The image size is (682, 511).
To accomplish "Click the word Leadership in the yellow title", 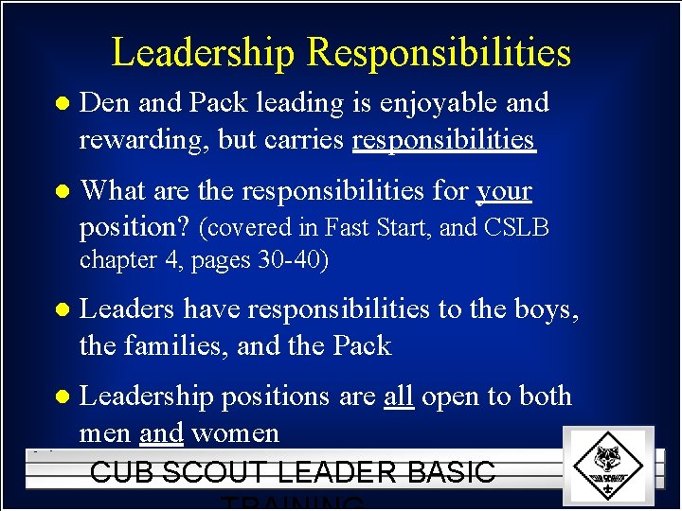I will point(205,53).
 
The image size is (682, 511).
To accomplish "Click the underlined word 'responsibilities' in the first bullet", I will point(443,140).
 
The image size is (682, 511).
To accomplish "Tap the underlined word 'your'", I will point(504,192).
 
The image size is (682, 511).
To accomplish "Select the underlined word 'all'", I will point(399,396).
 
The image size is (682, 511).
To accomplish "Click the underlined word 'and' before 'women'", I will point(160,434).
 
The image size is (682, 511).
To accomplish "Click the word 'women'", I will point(235,434).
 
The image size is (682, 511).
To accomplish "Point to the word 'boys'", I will point(539,309).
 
